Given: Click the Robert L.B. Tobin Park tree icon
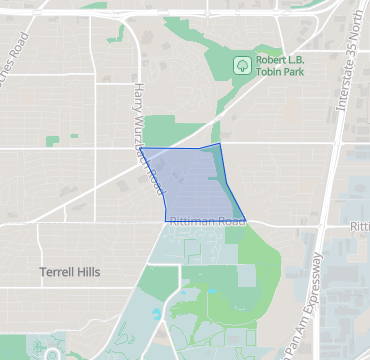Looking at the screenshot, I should [241, 65].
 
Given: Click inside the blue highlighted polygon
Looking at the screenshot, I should [190, 185].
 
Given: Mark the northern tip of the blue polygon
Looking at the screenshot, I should [217, 144].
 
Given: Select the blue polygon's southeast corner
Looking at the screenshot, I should [244, 219].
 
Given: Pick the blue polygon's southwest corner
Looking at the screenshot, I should [166, 220].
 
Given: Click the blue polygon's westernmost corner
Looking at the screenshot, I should [140, 149].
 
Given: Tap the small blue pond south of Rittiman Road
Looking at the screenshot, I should [156, 313].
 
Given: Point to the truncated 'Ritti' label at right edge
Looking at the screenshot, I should [359, 227].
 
